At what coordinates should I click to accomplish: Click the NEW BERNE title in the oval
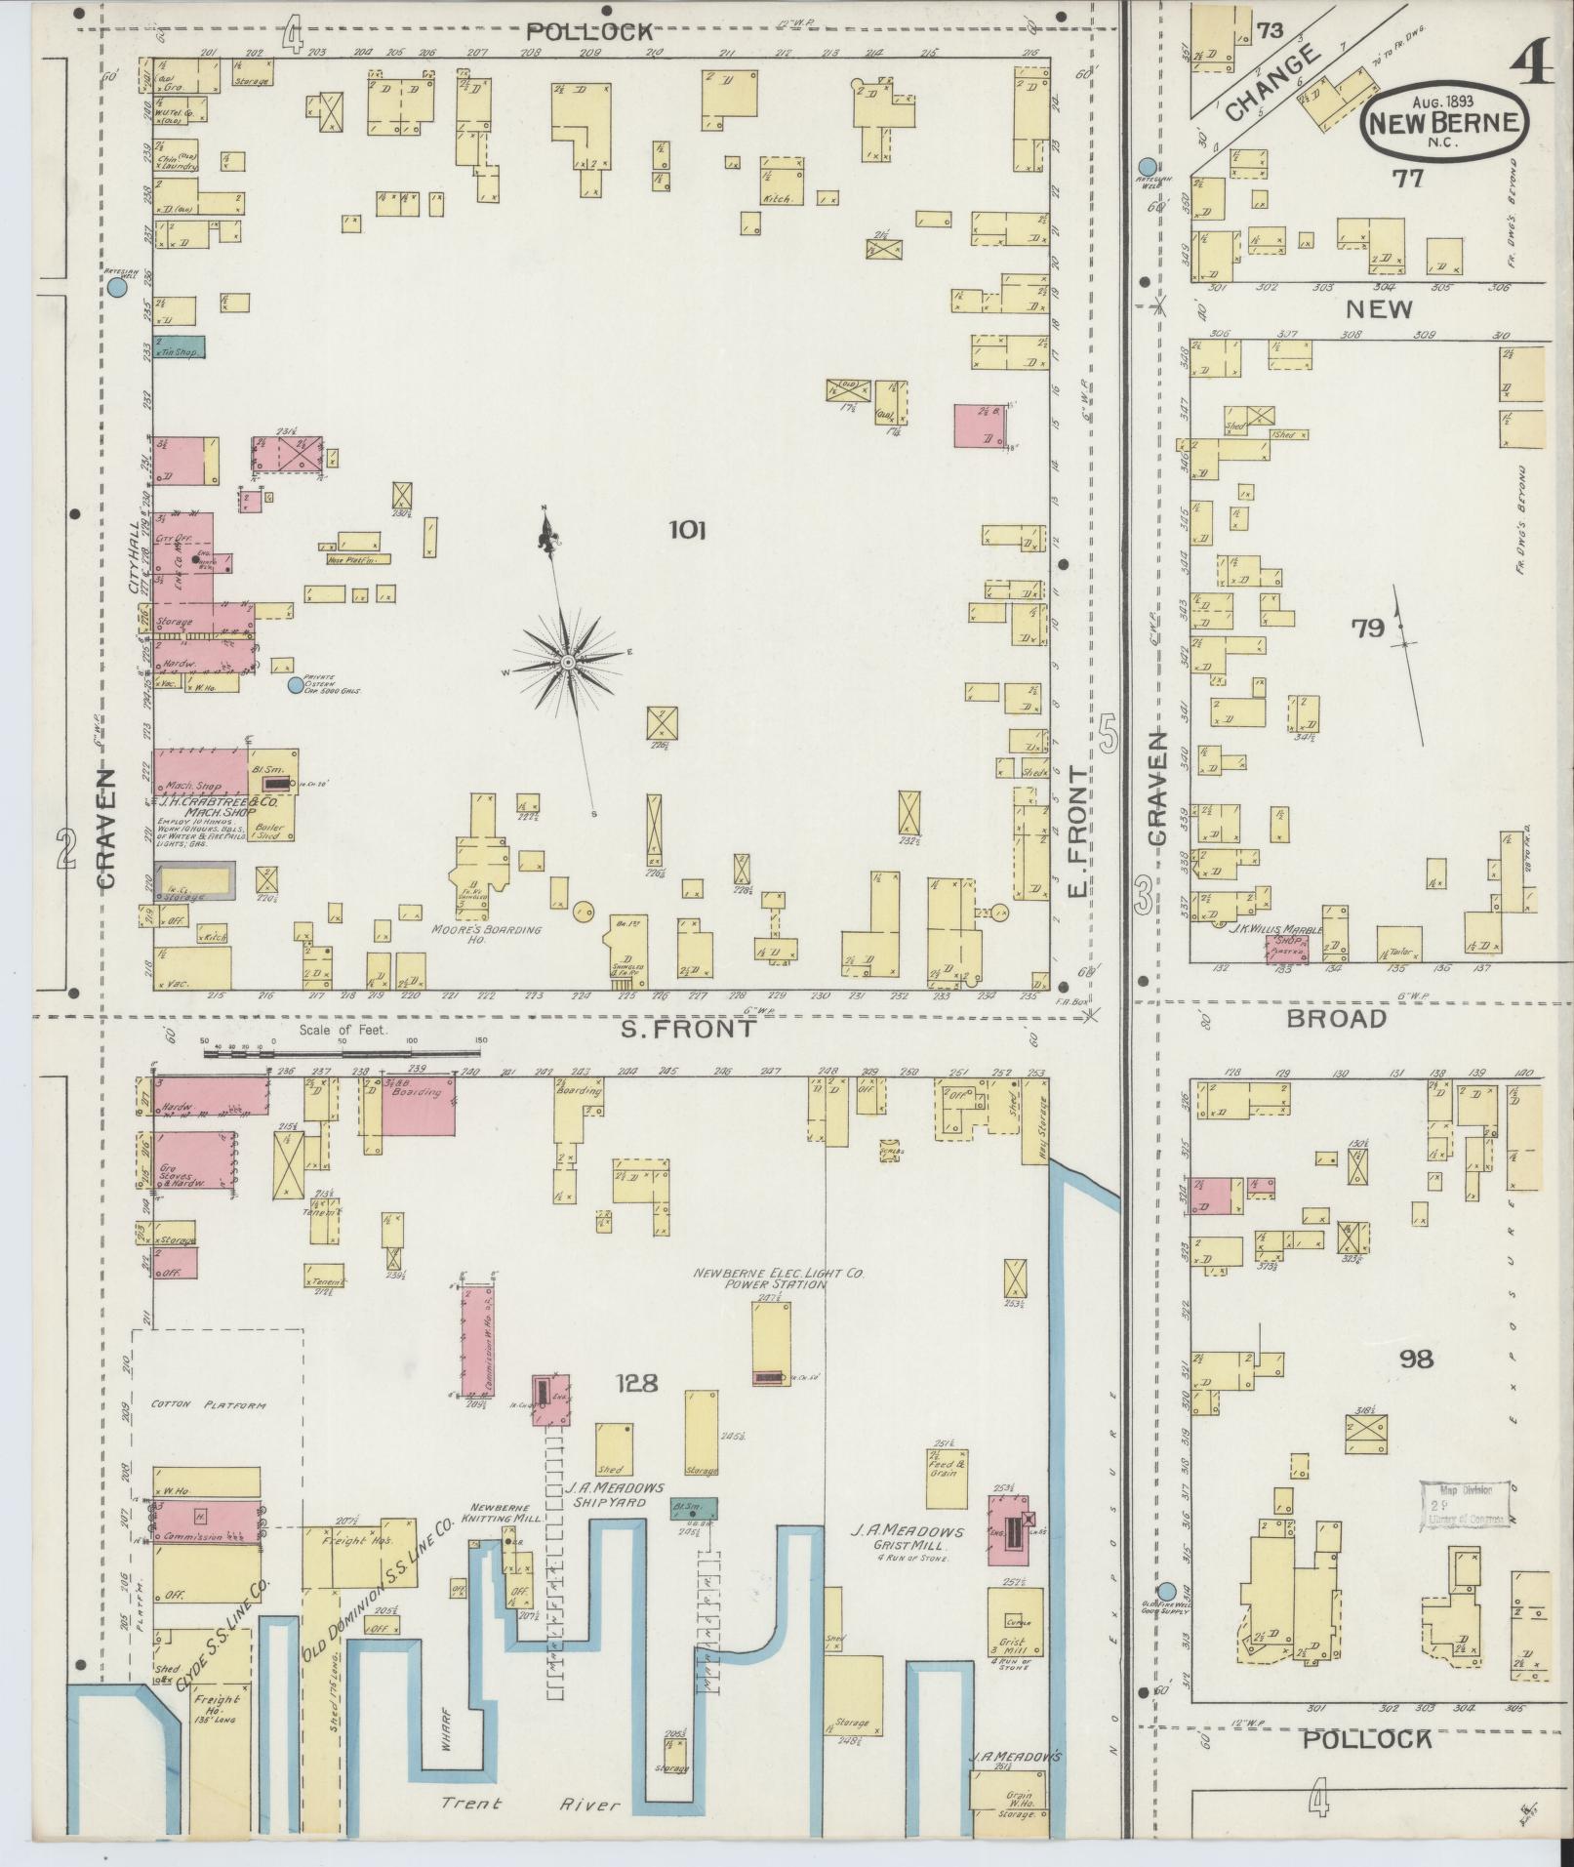coord(1445,124)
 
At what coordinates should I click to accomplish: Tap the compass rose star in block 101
coord(567,663)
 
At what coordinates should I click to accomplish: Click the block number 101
coord(687,531)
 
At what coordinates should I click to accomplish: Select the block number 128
coord(636,1383)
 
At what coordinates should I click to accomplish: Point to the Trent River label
coord(530,1805)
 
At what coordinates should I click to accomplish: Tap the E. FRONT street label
coord(1076,831)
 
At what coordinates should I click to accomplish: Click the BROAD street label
coord(1336,1019)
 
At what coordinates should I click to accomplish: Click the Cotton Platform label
coord(209,1405)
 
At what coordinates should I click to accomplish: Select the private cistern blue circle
coord(295,685)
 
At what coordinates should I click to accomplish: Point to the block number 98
coord(1414,1359)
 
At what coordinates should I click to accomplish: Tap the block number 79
coord(1367,629)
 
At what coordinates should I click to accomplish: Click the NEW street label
coord(1379,309)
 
